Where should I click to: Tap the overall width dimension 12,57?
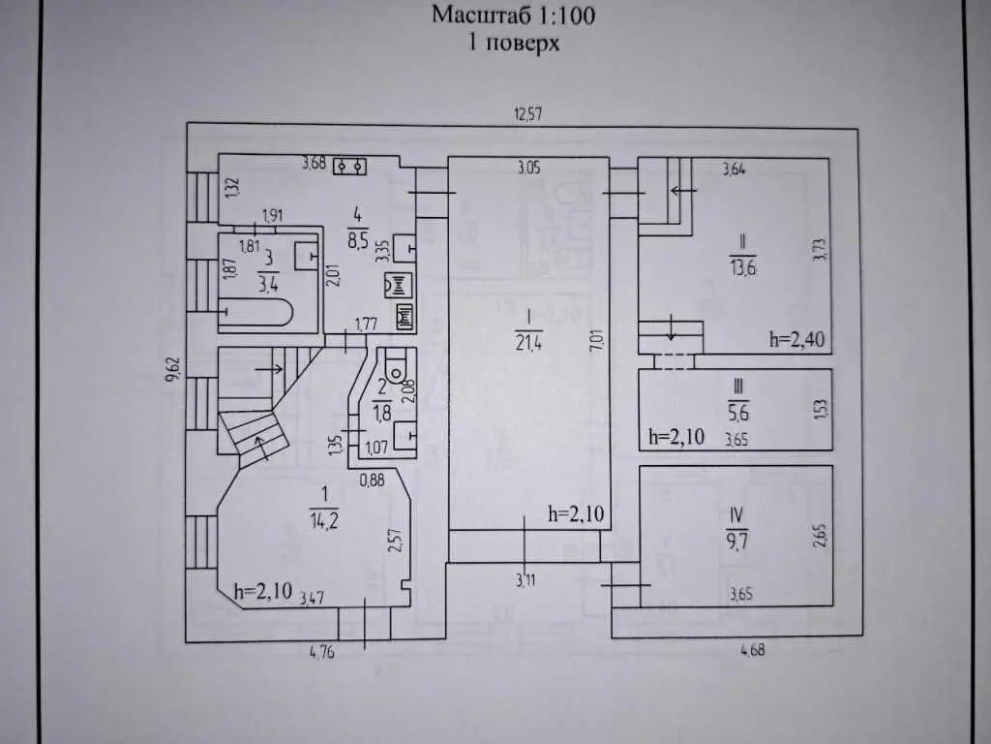(528, 114)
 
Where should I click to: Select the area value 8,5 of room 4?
(357, 238)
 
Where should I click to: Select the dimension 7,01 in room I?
(596, 341)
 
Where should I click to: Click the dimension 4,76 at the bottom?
(323, 652)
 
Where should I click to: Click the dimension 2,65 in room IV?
(821, 535)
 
